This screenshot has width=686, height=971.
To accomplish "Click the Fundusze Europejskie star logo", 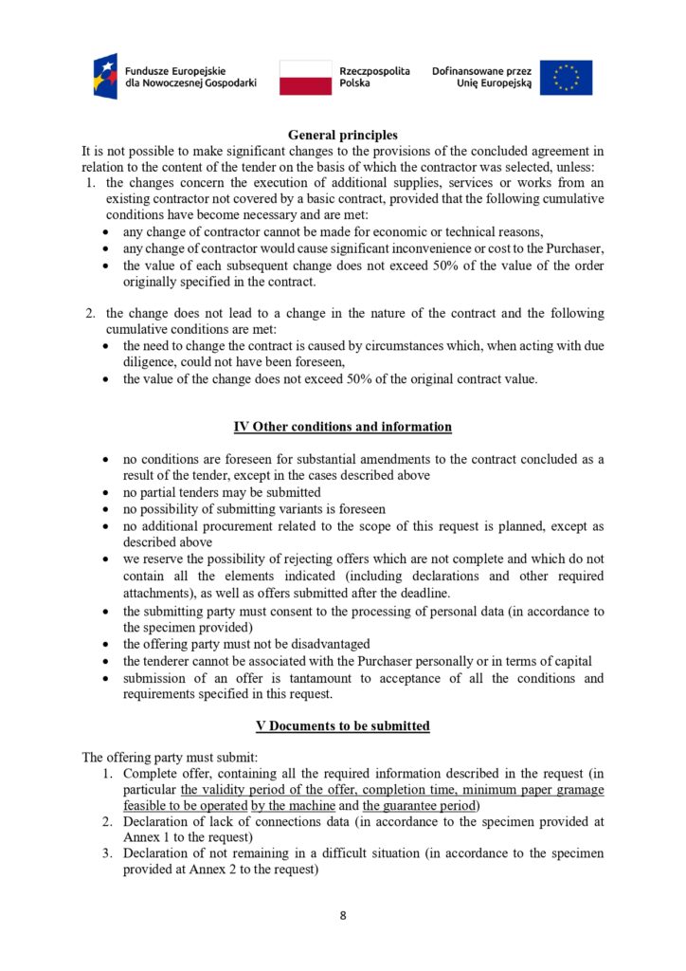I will (106, 76).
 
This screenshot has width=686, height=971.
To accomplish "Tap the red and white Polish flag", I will (305, 77).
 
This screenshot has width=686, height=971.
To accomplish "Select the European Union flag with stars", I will (567, 77).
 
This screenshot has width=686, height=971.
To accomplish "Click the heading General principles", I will (343, 135).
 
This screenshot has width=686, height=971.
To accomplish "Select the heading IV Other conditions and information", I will (343, 427).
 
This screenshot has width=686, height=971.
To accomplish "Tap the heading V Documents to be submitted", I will (343, 725).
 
